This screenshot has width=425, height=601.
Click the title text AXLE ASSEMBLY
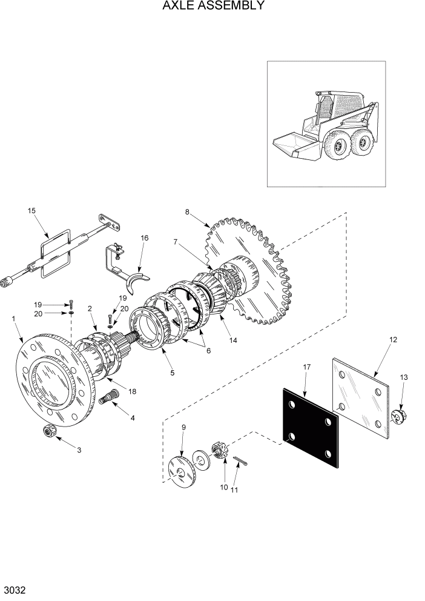coord(212,7)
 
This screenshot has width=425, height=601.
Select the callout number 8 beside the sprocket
coord(187,212)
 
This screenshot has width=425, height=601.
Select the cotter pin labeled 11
coord(240,462)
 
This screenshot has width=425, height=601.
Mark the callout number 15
coord(31,210)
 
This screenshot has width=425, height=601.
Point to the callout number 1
coord(14,318)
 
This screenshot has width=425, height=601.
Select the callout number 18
coord(132,391)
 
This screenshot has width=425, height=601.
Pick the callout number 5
coord(173,373)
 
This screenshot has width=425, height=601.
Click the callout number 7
coord(175,242)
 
